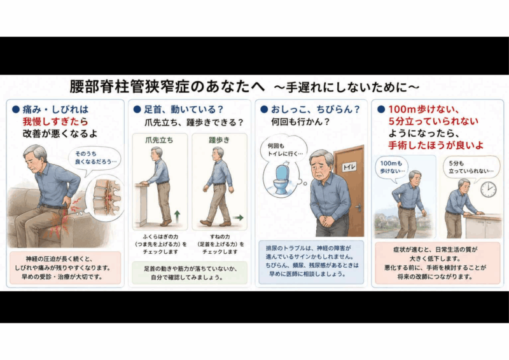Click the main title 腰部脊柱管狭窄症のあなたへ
click(x=167, y=87)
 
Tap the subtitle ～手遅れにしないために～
click(x=347, y=87)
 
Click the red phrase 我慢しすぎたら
click(x=55, y=121)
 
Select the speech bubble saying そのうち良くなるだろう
click(x=95, y=158)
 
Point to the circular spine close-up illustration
click(x=104, y=198)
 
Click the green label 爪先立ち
click(x=159, y=140)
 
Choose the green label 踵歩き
click(x=220, y=140)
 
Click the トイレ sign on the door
click(x=349, y=167)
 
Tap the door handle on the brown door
click(x=358, y=207)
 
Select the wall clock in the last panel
click(x=488, y=189)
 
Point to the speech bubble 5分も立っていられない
click(x=471, y=167)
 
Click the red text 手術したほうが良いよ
click(x=436, y=145)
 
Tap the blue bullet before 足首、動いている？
click(x=137, y=109)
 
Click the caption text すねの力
click(x=220, y=237)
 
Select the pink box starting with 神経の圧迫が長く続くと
click(x=66, y=268)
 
